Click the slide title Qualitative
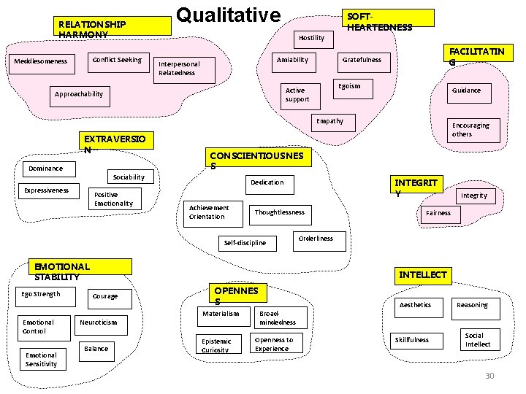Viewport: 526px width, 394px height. tap(229, 15)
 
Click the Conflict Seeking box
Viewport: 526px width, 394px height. tap(118, 60)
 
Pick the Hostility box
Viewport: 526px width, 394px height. tap(311, 37)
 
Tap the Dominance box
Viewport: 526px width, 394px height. tap(45, 169)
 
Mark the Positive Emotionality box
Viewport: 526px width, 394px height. tap(114, 199)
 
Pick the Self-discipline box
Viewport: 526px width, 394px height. tap(245, 242)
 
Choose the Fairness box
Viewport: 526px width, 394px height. tap(438, 213)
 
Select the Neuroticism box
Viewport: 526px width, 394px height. tap(98, 322)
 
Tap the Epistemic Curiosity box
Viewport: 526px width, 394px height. tap(217, 345)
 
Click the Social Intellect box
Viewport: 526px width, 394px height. tap(478, 340)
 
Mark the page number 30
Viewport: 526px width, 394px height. tap(489, 376)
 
